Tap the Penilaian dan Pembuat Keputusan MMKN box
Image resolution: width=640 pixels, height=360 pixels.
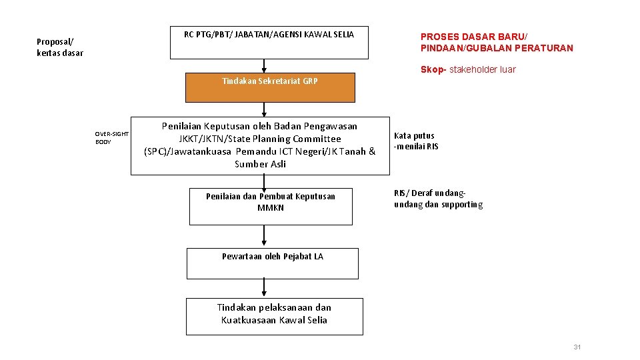(271, 207)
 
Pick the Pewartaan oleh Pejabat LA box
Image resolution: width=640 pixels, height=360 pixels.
(272, 263)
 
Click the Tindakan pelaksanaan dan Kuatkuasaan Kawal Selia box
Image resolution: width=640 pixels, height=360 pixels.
(274, 316)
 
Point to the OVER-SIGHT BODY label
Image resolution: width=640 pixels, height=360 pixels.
(111, 138)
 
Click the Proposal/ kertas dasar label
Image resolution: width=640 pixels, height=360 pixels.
(60, 47)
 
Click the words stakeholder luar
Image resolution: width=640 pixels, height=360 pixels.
(484, 69)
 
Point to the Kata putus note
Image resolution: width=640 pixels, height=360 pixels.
(416, 141)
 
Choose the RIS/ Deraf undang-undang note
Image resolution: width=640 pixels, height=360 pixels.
(438, 199)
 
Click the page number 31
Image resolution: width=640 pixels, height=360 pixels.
(577, 347)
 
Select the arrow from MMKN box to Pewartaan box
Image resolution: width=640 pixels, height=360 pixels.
(265, 237)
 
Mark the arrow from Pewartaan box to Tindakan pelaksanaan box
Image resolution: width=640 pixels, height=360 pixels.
(265, 288)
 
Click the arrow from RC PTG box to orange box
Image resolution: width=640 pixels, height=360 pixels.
(265, 66)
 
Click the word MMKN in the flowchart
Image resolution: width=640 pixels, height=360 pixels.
(271, 207)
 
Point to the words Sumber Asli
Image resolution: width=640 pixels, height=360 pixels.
(260, 164)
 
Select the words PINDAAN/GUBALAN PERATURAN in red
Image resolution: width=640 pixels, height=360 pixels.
(497, 48)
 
